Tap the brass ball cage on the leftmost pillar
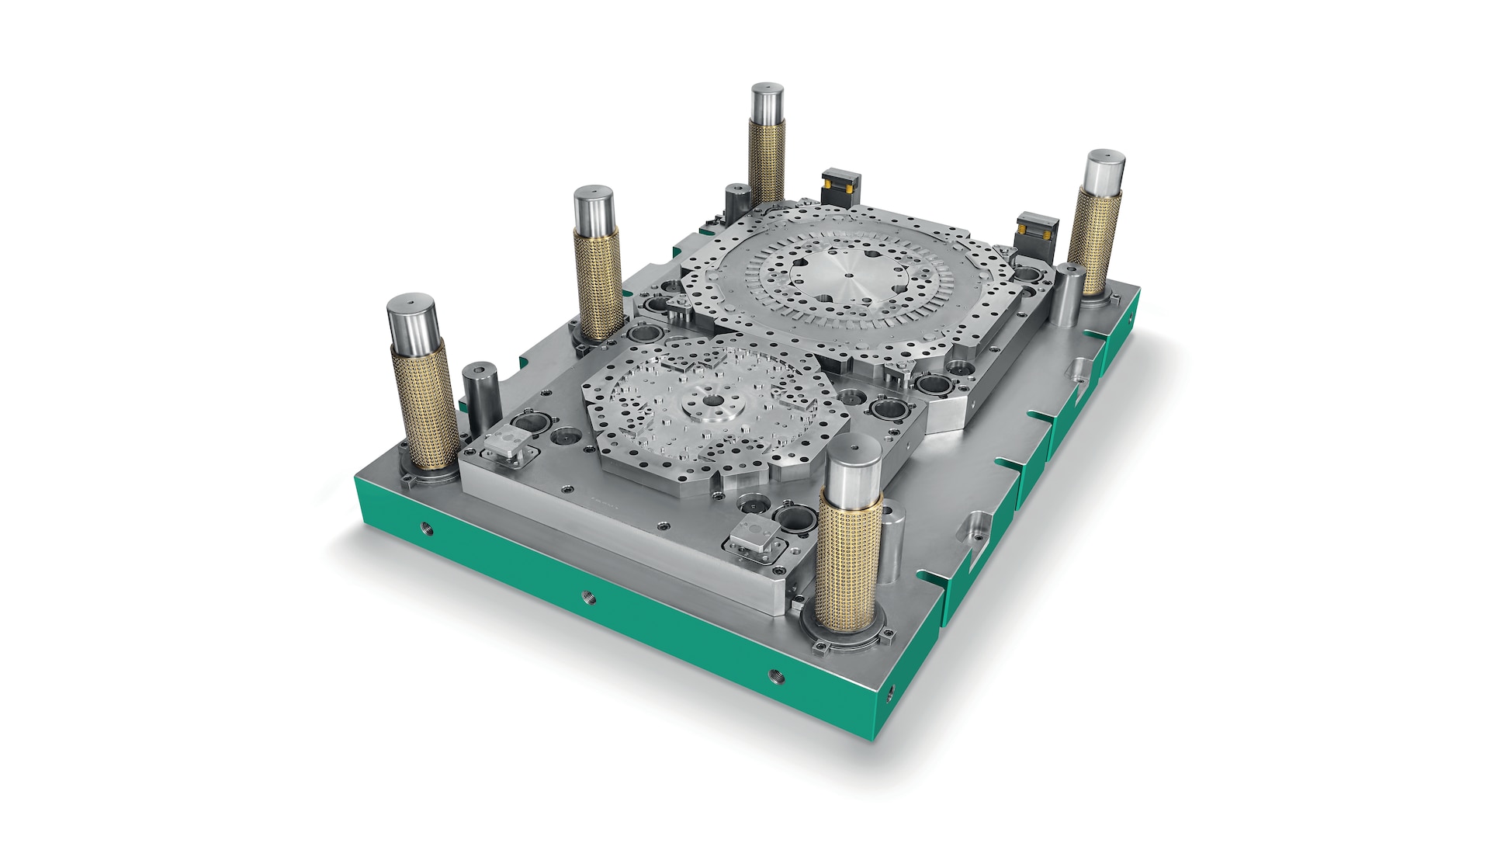tap(424, 404)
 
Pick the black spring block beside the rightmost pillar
tap(1037, 231)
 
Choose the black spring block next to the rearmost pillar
tap(841, 184)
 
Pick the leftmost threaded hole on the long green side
tap(425, 529)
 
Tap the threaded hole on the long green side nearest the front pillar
tap(776, 676)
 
